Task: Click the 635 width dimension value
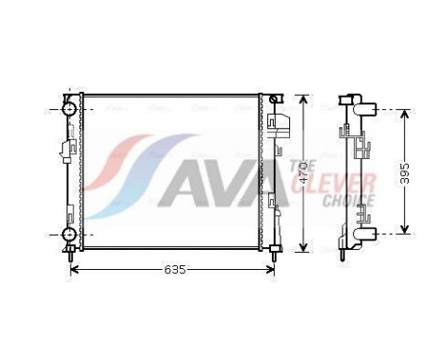(x=173, y=270)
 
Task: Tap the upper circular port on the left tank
(x=70, y=109)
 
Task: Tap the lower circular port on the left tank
(x=70, y=235)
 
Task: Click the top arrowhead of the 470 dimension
(x=303, y=100)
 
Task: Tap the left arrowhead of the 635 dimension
(x=77, y=270)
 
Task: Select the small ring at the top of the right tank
(x=275, y=100)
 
